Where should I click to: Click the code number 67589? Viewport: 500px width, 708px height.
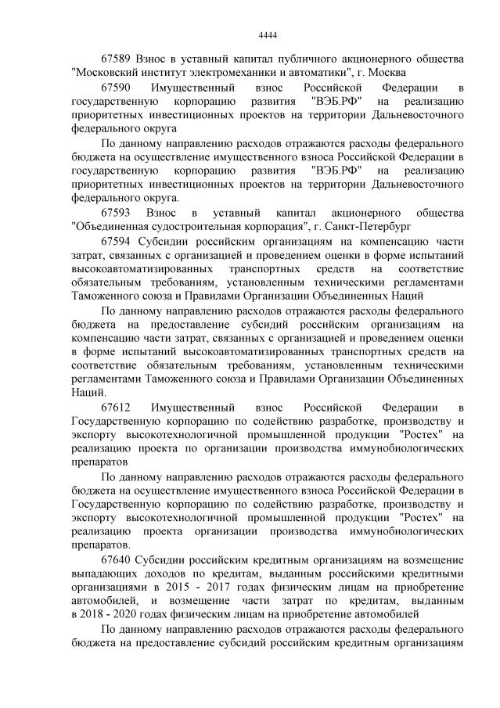coord(117,59)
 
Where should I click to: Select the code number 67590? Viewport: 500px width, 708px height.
coord(117,88)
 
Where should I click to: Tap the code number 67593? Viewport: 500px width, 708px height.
coord(117,213)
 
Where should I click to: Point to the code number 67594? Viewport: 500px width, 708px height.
coord(117,241)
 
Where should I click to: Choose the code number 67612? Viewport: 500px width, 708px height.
coord(117,408)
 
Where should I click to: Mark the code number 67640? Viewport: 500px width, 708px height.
coord(117,560)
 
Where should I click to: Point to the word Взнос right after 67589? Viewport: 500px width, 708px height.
coord(153,59)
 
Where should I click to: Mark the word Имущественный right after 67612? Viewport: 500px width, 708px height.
coord(191,408)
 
